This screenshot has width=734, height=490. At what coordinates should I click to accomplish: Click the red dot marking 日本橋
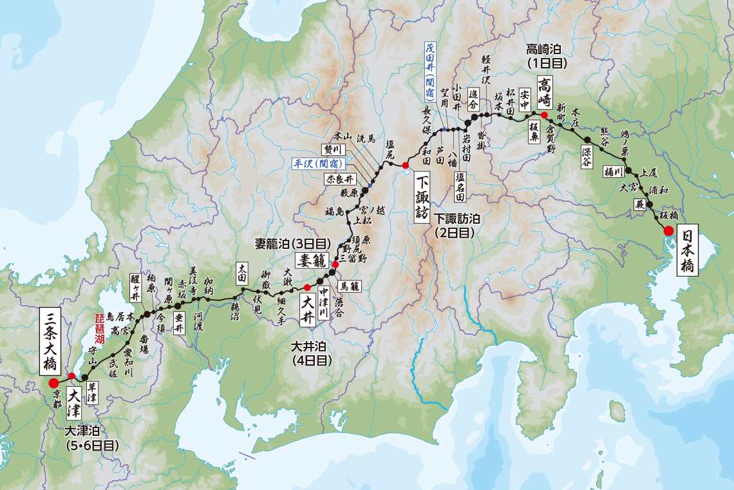(668, 231)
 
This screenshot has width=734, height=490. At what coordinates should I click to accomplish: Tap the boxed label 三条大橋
(52, 341)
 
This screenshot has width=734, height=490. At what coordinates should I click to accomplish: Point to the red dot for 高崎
(544, 115)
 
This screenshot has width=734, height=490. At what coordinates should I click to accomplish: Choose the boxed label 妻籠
(312, 260)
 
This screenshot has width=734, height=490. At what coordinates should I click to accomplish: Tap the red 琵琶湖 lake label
(100, 327)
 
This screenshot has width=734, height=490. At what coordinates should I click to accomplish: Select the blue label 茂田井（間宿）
(429, 71)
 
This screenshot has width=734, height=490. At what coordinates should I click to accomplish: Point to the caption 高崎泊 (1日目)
(546, 55)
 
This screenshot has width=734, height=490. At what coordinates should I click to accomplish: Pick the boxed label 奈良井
(340, 179)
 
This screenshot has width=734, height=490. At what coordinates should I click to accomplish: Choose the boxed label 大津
(75, 400)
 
